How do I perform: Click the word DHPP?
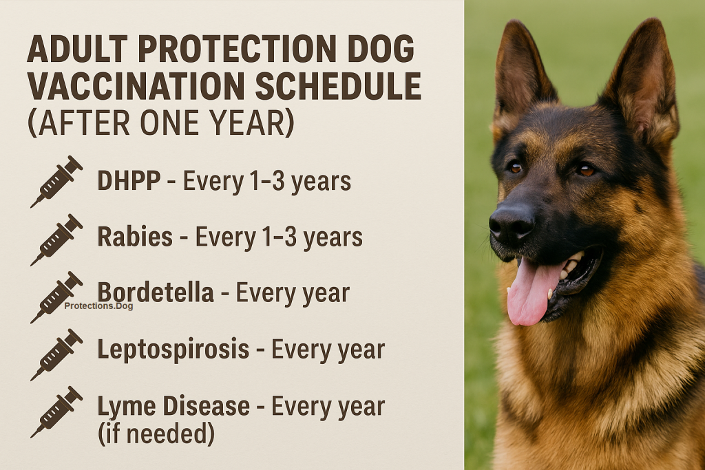(x=129, y=181)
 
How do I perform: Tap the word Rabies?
(x=135, y=237)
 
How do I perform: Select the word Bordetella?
(x=156, y=292)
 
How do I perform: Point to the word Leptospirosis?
(x=173, y=350)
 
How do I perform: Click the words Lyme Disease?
(x=173, y=406)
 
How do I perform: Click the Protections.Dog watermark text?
(x=98, y=306)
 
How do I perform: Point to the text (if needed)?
(x=156, y=434)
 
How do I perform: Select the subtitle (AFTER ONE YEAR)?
(x=160, y=123)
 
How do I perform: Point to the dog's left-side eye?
(x=515, y=167)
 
